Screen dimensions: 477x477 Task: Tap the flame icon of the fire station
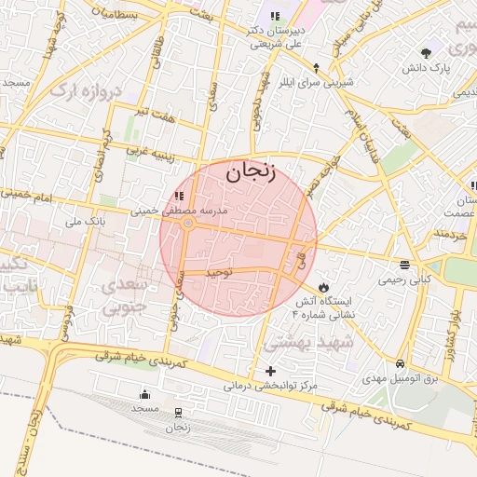324,286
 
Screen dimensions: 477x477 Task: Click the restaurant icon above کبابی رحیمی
404,265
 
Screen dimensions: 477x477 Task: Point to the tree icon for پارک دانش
427,53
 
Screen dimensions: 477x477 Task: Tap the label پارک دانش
427,69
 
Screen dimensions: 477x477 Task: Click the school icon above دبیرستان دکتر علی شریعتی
275,16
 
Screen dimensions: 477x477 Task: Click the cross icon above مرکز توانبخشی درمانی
270,371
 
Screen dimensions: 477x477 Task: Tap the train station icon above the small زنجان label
178,411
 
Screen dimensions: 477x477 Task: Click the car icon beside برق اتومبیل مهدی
400,362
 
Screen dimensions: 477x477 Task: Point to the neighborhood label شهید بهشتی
349,343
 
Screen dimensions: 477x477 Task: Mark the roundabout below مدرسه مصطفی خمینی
188,224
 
